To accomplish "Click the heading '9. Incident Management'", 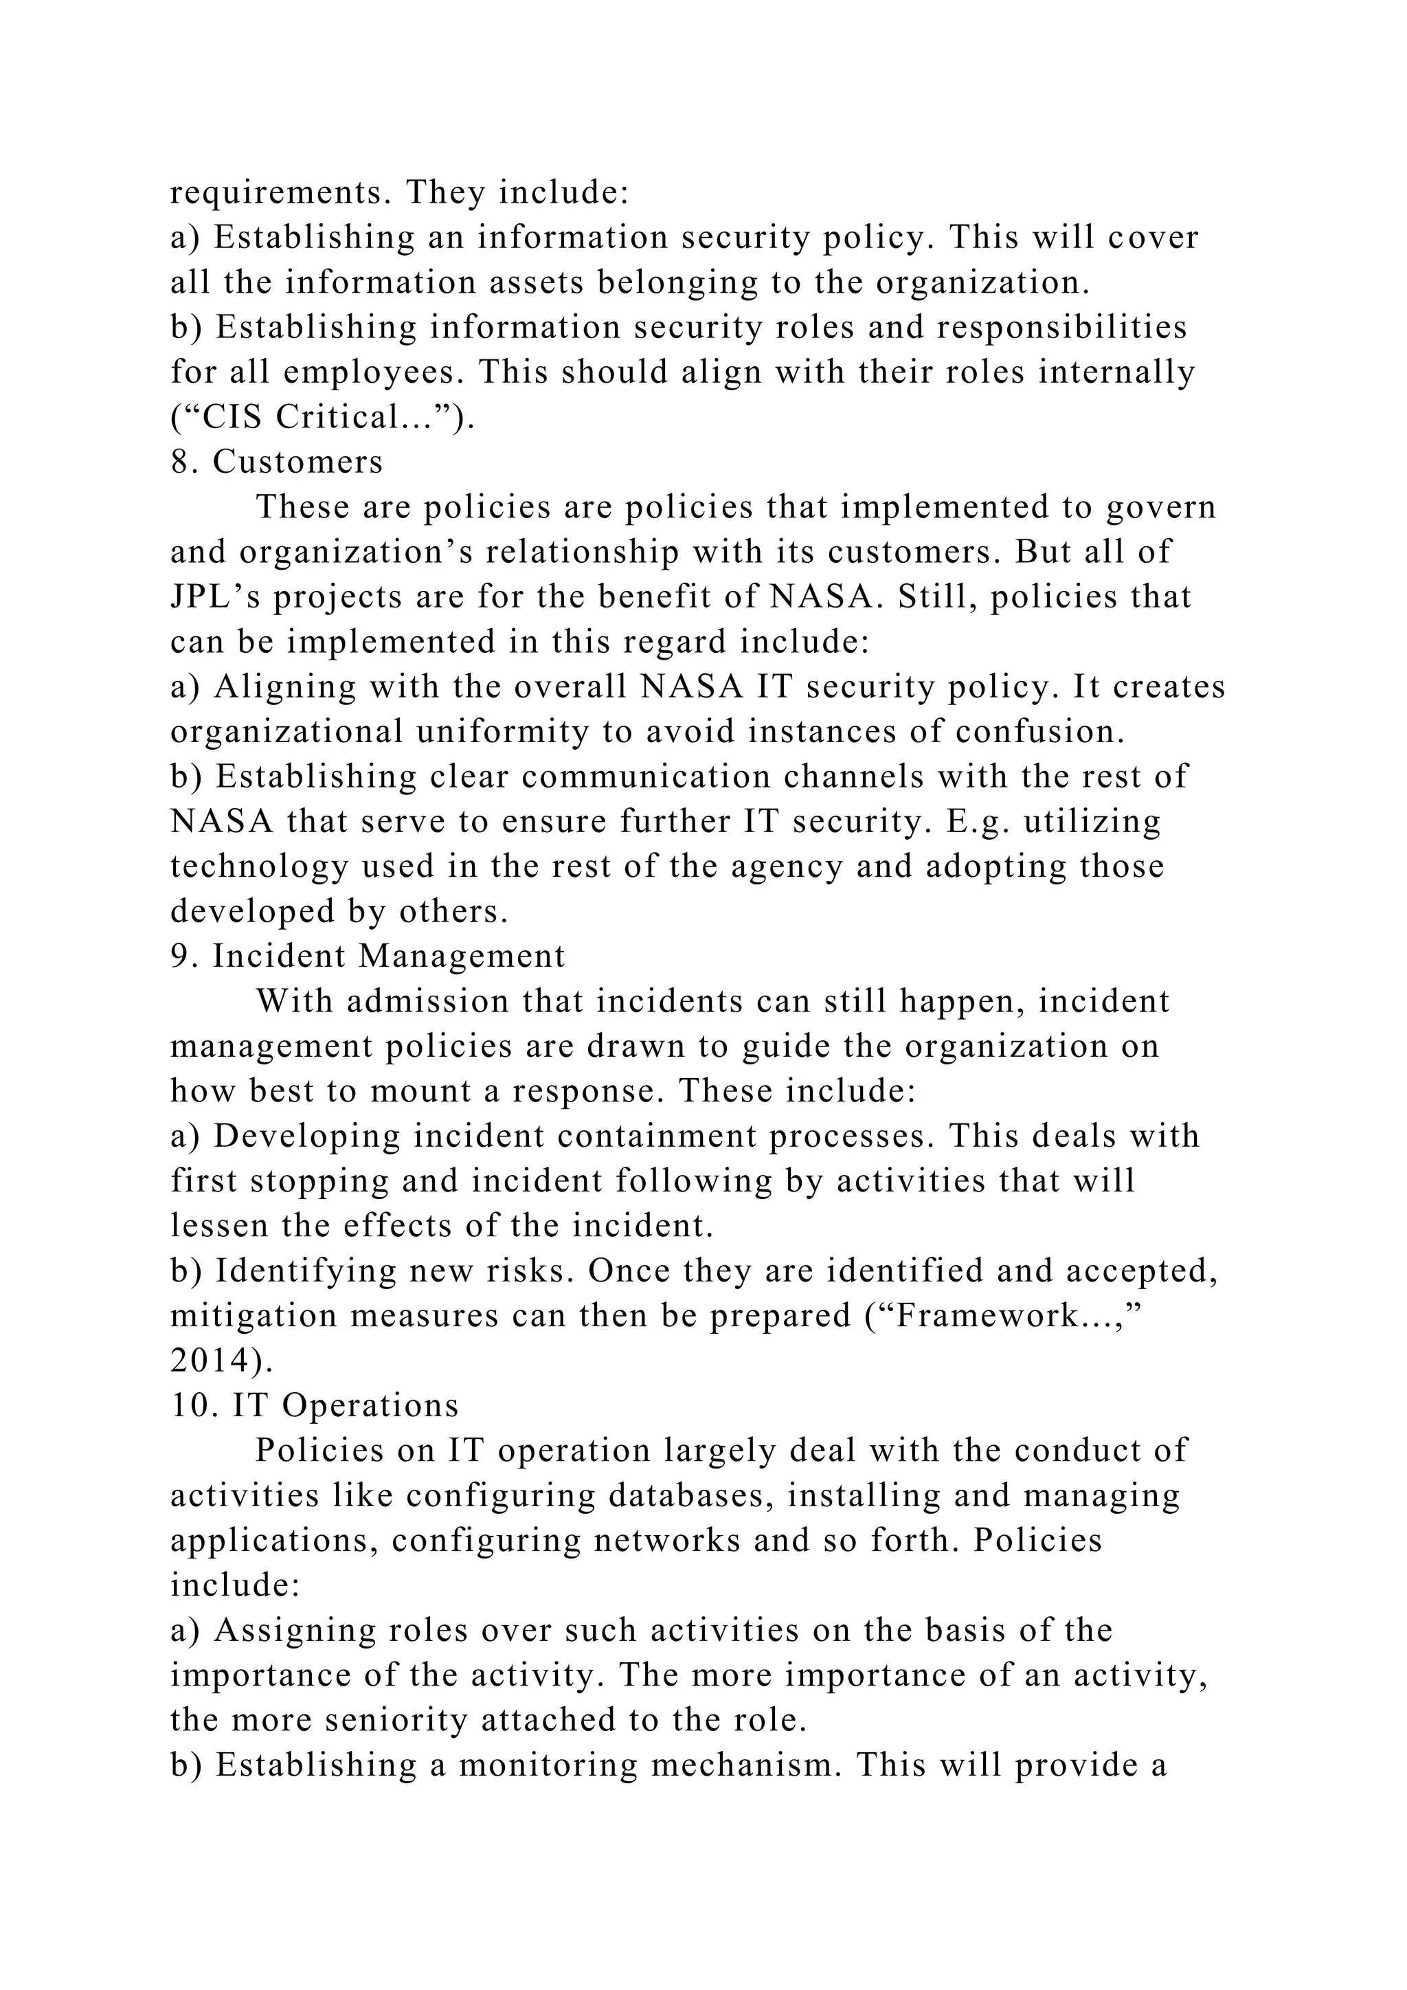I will [x=368, y=956].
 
